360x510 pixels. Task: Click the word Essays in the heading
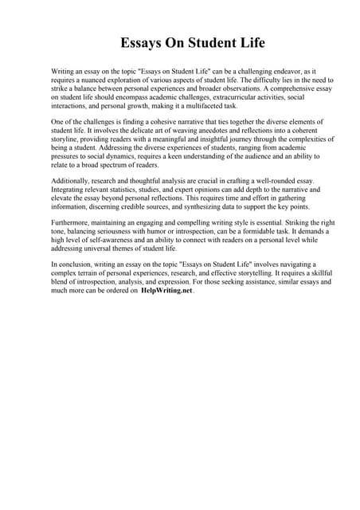point(142,42)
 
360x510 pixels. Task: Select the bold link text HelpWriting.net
point(167,291)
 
